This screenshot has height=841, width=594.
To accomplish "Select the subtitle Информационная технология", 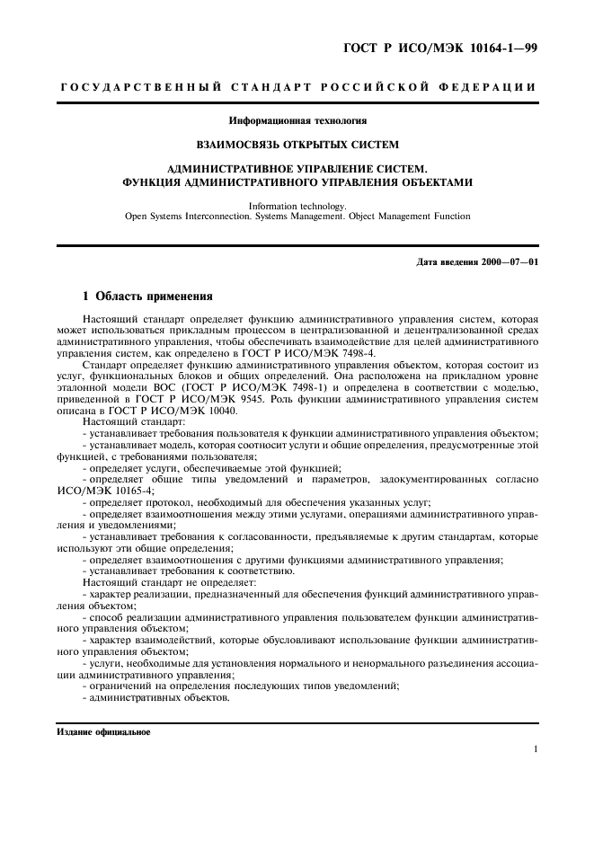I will coord(297,120).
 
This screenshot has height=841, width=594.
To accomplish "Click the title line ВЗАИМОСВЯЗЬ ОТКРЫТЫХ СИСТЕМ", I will coord(297,143).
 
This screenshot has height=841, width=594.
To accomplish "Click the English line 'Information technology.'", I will coord(297,205).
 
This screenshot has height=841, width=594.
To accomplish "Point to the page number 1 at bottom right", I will coord(535,748).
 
